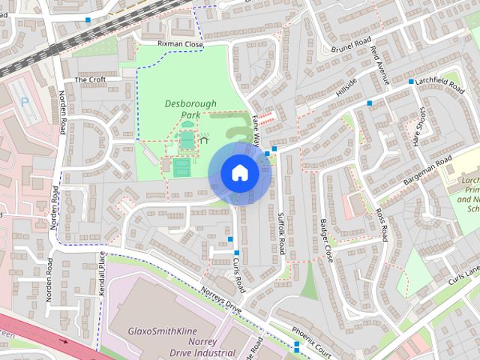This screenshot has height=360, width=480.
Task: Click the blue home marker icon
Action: point(239,173)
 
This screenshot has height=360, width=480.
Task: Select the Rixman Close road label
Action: point(180,45)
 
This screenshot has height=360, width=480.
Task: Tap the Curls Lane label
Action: point(463,276)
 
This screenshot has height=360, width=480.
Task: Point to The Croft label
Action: point(90,79)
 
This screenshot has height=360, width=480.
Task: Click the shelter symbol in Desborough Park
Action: point(203,139)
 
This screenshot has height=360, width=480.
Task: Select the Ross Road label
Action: point(381,225)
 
